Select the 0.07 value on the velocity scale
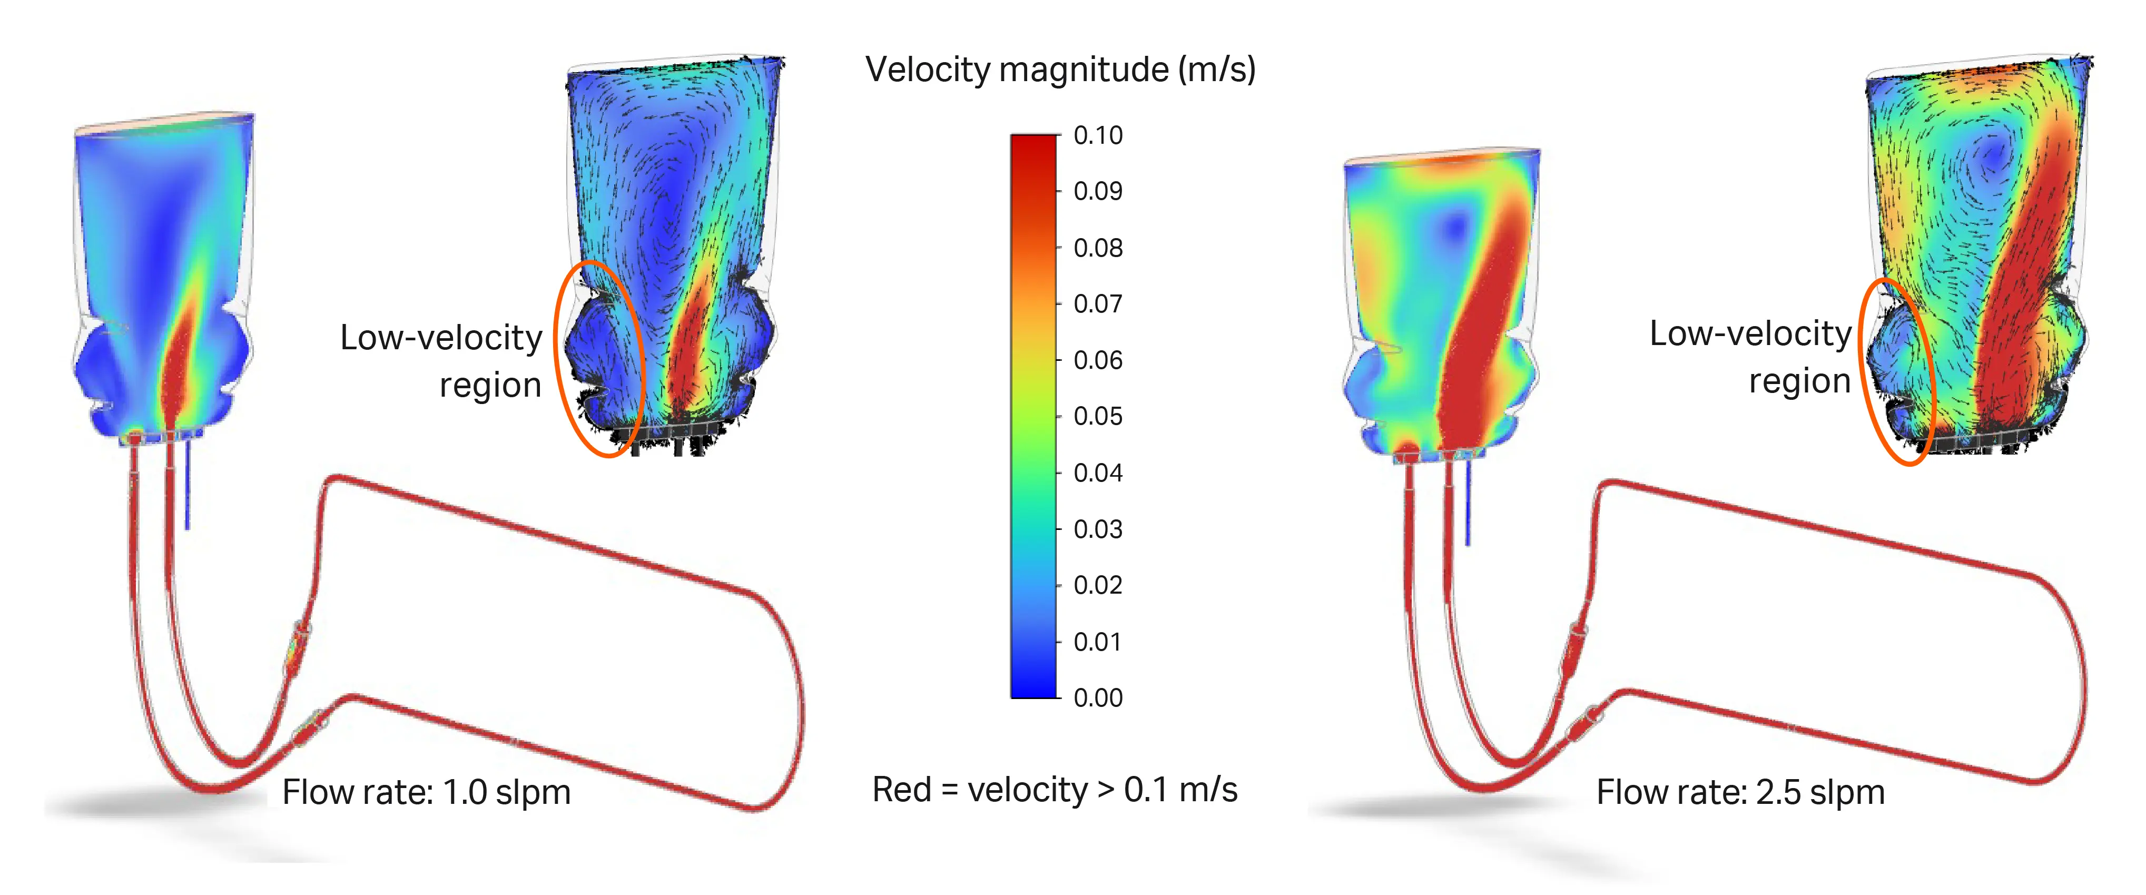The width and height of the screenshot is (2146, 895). (1097, 303)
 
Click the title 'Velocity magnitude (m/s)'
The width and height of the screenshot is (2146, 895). (1060, 69)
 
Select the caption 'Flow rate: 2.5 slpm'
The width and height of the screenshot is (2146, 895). (1740, 792)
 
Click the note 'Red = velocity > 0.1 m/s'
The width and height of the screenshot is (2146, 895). (1054, 789)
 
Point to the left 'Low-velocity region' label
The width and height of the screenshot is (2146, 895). (441, 361)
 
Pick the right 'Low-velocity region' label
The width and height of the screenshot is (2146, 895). (1750, 357)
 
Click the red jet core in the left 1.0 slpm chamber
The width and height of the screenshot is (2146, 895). (176, 367)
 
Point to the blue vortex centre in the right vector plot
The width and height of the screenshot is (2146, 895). (1991, 154)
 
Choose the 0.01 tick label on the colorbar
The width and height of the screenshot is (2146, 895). (1097, 642)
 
